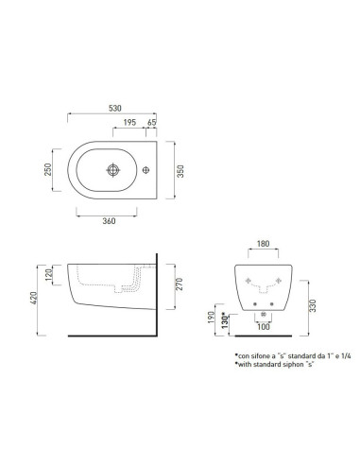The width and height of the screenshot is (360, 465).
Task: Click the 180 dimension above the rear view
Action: pos(265,244)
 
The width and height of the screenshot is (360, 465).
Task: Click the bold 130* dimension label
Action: pos(225,321)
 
